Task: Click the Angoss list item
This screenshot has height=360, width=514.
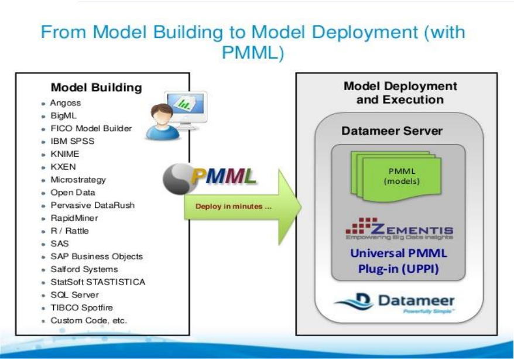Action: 65,103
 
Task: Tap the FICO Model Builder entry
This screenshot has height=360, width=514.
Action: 91,128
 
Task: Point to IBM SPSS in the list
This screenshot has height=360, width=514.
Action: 72,141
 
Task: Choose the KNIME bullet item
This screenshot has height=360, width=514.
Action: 64,154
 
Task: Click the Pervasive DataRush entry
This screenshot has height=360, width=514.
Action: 92,205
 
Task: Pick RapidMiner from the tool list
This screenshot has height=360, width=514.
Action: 74,218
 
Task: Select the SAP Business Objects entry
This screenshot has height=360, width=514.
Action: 96,256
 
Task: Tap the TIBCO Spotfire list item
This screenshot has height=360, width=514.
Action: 81,307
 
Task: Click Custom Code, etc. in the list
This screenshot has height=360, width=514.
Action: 88,320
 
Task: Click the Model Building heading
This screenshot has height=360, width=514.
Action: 96,88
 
